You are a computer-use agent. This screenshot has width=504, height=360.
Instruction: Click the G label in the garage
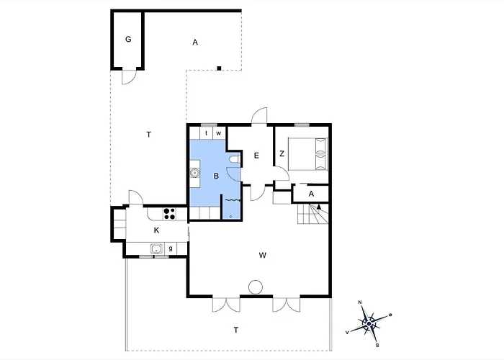click(x=128, y=39)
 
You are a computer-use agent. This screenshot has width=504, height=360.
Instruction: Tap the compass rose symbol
click(x=369, y=323)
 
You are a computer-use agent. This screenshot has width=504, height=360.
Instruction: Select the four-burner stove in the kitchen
click(x=169, y=214)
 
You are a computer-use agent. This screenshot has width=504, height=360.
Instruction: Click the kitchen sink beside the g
click(x=156, y=248)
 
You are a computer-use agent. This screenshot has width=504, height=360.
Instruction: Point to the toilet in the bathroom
click(x=235, y=159)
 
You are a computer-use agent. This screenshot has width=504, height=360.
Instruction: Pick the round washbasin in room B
click(x=194, y=173)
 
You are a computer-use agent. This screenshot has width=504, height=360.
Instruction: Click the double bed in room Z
click(x=308, y=153)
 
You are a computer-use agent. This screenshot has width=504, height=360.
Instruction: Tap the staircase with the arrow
click(x=313, y=214)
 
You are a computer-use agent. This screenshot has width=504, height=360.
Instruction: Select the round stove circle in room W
click(x=256, y=287)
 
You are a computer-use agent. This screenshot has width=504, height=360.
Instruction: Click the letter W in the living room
click(x=263, y=255)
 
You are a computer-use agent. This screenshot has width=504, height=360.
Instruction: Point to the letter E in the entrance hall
click(x=256, y=156)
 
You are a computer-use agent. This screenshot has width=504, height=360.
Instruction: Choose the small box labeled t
click(x=207, y=133)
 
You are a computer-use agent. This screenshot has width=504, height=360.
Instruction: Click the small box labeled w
click(x=219, y=133)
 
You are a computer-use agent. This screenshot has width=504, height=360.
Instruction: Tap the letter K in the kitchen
click(x=156, y=230)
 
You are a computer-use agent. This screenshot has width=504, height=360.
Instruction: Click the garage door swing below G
click(x=129, y=77)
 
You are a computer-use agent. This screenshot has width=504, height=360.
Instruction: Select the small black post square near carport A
click(x=219, y=68)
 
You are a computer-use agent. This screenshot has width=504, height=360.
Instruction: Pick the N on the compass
click(x=360, y=302)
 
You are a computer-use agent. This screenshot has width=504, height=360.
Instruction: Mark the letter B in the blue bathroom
click(x=216, y=176)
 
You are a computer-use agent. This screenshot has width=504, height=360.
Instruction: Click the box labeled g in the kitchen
click(x=171, y=248)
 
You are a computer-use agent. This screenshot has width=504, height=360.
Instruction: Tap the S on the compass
click(x=377, y=346)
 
